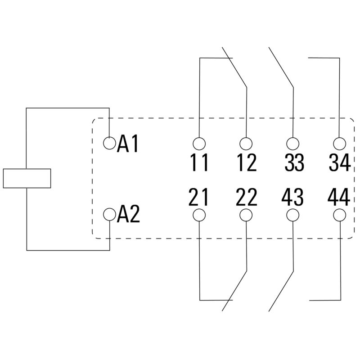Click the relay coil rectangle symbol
click(27, 178)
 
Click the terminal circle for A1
click(109, 143)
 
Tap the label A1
click(129, 144)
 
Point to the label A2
click(129, 215)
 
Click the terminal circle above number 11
click(199, 144)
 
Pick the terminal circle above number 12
click(246, 144)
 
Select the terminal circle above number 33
click(293, 144)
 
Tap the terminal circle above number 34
click(340, 144)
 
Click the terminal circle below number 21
click(199, 215)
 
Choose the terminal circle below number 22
click(246, 215)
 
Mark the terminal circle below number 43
click(293, 215)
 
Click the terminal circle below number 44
click(340, 215)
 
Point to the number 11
click(199, 162)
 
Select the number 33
click(294, 162)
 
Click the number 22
click(246, 197)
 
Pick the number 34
click(340, 162)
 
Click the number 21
click(199, 197)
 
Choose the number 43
click(293, 197)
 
